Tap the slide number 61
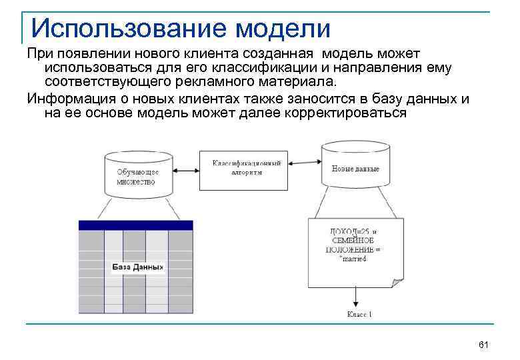tap(484, 344)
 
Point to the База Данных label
tap(137, 267)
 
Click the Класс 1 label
tap(359, 313)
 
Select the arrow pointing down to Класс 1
tap(359, 293)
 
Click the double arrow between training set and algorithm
tap(185, 169)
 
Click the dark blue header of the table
tap(135, 225)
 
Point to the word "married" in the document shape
tap(354, 258)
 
